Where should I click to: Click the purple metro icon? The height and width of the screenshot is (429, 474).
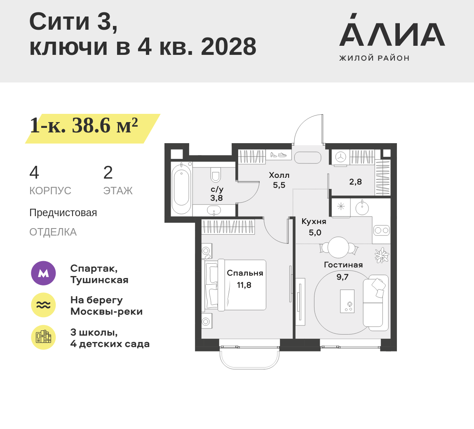point(44,273)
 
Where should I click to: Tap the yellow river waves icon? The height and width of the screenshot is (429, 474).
point(44,305)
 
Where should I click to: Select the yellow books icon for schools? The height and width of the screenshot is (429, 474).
point(44,337)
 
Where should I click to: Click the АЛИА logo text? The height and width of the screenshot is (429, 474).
point(392,30)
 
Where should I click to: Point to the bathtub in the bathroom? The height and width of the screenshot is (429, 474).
point(181,189)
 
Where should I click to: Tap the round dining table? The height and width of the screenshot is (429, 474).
point(339,247)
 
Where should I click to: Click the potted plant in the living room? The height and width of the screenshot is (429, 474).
point(382,255)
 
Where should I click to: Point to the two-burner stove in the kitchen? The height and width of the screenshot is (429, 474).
point(382,231)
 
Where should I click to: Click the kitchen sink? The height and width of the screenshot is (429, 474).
point(361,207)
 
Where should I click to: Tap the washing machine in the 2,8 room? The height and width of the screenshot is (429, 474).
point(341,158)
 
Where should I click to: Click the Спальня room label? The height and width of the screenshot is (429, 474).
point(245,273)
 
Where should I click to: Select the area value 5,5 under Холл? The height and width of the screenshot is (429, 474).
point(279,185)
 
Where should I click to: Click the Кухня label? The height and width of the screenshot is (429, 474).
point(314,222)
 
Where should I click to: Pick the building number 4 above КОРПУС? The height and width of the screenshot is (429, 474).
point(34,172)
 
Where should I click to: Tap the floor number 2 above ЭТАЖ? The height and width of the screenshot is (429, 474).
point(108,172)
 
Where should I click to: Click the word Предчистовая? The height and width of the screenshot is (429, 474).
point(63,213)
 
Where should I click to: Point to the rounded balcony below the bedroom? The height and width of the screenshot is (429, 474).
point(249,358)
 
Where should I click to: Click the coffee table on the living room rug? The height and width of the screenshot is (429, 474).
point(347,301)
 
